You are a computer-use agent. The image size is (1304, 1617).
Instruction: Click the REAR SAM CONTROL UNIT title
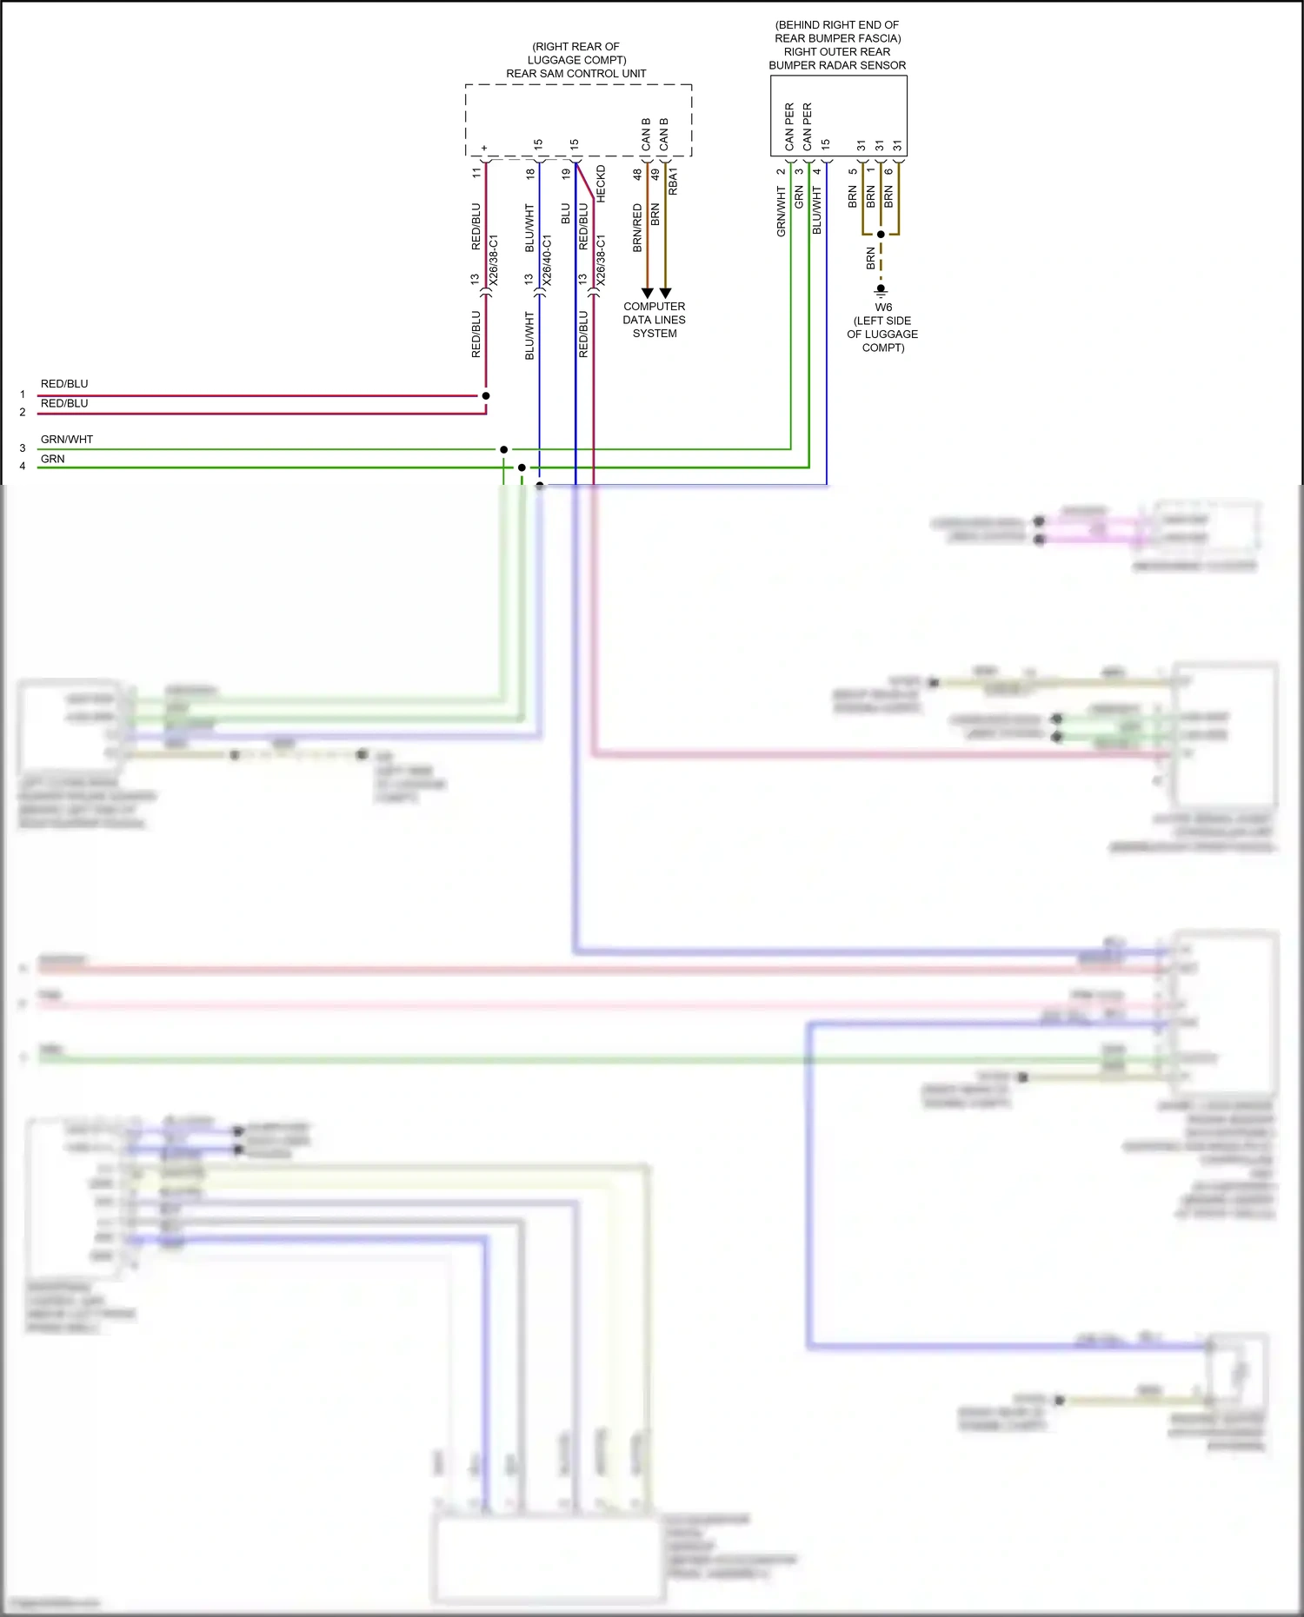[575, 74]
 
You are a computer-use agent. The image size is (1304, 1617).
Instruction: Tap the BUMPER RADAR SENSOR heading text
[836, 65]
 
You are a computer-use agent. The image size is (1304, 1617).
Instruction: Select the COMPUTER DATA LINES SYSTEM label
[654, 320]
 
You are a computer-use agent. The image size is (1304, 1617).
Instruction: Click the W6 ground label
[882, 308]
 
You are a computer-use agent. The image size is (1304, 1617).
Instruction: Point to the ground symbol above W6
[881, 289]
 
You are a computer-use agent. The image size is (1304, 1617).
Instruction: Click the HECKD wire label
[601, 184]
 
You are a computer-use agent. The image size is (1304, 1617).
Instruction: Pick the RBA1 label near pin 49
[673, 182]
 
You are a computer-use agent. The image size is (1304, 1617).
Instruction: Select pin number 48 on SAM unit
[637, 174]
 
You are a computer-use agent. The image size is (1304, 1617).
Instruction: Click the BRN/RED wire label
[637, 229]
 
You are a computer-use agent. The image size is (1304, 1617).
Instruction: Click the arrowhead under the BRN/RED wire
[647, 294]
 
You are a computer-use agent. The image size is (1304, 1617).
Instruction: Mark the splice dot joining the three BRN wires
[881, 235]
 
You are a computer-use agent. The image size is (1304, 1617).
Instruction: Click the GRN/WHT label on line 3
[66, 440]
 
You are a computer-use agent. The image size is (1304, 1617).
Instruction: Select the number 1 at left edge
[23, 394]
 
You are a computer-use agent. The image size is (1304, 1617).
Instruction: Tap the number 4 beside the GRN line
[23, 467]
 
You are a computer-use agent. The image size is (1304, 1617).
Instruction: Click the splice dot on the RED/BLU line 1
[486, 395]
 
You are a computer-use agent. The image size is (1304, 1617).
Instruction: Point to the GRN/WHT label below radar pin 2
[781, 211]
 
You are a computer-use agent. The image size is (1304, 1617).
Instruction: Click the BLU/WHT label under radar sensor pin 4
[816, 210]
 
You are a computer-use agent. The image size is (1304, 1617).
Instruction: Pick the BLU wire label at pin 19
[565, 214]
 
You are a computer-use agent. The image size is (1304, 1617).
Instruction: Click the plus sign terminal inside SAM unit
[485, 148]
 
